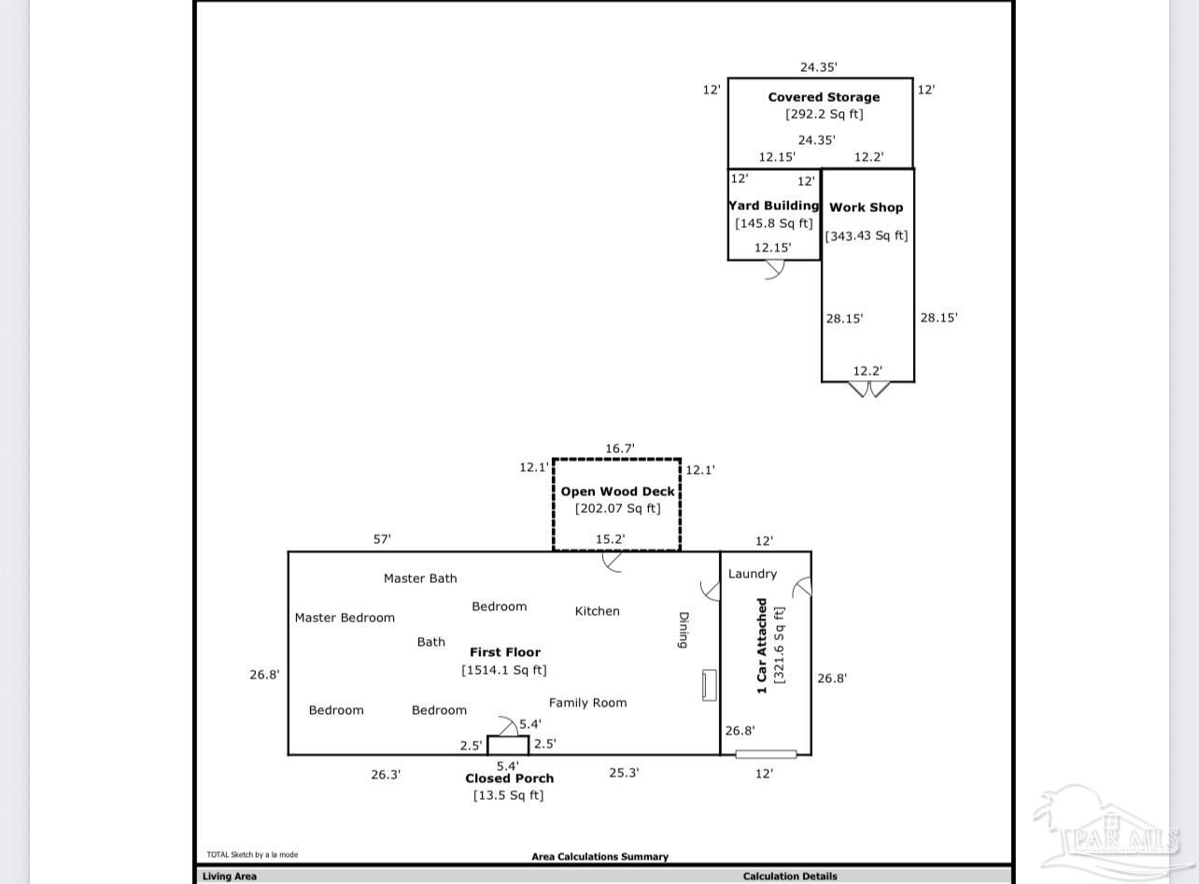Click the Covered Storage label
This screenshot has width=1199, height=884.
point(824,97)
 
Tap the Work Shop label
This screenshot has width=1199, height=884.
point(866,207)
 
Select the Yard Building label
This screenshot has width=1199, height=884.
point(774,206)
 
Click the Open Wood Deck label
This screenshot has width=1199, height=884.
point(617,492)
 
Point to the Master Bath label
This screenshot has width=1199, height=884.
point(420,578)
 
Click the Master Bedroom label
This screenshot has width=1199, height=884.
point(345,618)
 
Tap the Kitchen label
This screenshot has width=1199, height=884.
point(597,611)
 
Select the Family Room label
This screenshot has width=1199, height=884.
point(587,703)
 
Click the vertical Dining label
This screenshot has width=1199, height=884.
point(683,630)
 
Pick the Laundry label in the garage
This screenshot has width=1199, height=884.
point(752,574)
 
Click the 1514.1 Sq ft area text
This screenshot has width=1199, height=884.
point(504,670)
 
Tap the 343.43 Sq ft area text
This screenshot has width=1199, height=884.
point(866,235)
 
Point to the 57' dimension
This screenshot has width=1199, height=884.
point(382,539)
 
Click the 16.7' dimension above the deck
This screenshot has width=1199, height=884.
point(619,449)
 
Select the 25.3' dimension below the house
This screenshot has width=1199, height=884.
point(623,773)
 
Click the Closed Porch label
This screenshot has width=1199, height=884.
point(509,778)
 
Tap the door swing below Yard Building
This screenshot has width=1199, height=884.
point(774,270)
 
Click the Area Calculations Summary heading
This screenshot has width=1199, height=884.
point(599,856)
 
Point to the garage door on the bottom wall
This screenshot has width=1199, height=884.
point(766,754)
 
